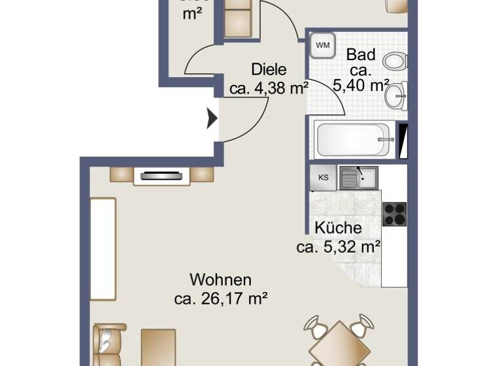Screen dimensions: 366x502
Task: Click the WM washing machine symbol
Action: pyautogui.click(x=322, y=45)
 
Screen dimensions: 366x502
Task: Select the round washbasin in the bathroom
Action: pyautogui.click(x=396, y=97)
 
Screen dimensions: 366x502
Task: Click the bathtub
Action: pyautogui.click(x=354, y=139)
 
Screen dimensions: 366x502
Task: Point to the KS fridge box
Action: pyautogui.click(x=323, y=177)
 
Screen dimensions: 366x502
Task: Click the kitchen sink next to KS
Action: pyautogui.click(x=358, y=177)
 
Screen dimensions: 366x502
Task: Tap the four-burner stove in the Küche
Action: pyautogui.click(x=394, y=214)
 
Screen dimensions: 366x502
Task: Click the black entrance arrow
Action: pyautogui.click(x=212, y=118)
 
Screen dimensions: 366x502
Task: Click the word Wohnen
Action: pyautogui.click(x=220, y=280)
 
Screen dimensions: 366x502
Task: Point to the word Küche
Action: pyautogui.click(x=338, y=228)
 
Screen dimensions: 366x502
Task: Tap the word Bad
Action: pyautogui.click(x=360, y=54)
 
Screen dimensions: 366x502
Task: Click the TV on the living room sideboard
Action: pyautogui.click(x=161, y=175)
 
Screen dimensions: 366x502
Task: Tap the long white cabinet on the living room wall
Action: pyautogui.click(x=103, y=249)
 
